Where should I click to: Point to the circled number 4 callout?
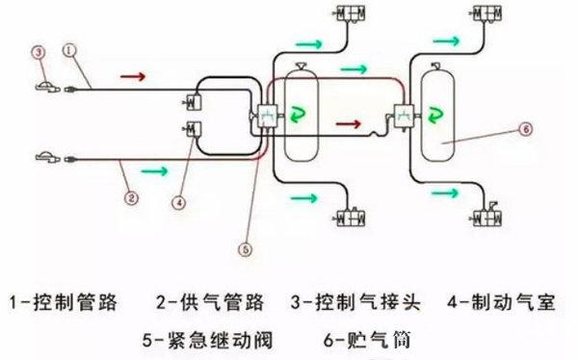coord(178,204)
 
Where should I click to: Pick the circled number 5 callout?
coord(247,248)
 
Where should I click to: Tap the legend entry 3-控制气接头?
coord(355,303)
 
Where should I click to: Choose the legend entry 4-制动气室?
coord(500,303)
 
